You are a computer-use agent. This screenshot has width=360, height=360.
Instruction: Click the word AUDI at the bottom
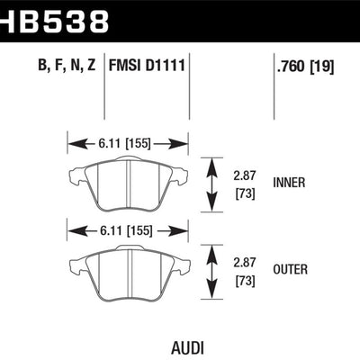tap(177, 346)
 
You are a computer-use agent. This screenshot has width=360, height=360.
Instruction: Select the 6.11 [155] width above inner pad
tap(127, 142)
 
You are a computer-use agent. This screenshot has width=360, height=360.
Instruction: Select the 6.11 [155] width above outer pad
tap(127, 229)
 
